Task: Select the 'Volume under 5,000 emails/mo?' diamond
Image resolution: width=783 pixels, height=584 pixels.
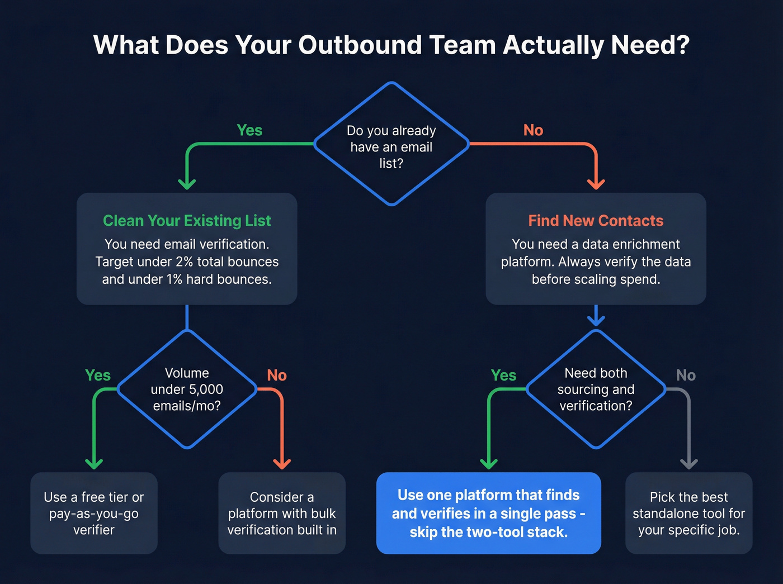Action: click(187, 389)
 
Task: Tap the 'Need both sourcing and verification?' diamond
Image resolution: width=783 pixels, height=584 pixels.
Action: click(596, 389)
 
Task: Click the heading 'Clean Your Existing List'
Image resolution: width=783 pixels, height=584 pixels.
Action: click(187, 221)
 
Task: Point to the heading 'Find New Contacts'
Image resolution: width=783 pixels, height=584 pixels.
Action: click(596, 221)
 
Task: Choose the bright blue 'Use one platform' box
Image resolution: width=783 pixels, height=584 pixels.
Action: click(488, 513)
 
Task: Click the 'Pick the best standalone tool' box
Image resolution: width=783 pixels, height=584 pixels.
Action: click(688, 513)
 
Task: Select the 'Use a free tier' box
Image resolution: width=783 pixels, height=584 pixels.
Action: click(94, 513)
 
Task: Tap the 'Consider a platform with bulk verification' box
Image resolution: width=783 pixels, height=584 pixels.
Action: click(282, 513)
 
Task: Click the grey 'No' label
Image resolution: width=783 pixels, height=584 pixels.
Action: click(686, 376)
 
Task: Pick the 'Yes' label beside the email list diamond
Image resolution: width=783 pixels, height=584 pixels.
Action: click(249, 130)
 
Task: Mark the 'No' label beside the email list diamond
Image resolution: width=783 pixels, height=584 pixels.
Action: click(533, 130)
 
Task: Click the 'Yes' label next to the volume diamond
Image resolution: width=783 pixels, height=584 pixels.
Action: click(98, 376)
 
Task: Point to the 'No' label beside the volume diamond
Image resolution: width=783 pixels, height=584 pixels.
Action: click(277, 376)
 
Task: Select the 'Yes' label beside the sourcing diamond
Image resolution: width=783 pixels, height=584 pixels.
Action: click(503, 376)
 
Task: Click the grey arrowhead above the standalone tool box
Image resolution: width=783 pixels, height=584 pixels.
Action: click(688, 464)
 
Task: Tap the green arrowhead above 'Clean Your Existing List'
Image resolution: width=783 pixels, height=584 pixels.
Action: click(187, 184)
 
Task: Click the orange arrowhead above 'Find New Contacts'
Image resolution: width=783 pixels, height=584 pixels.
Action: click(596, 184)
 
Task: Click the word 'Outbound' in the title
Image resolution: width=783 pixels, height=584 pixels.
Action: click(360, 45)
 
